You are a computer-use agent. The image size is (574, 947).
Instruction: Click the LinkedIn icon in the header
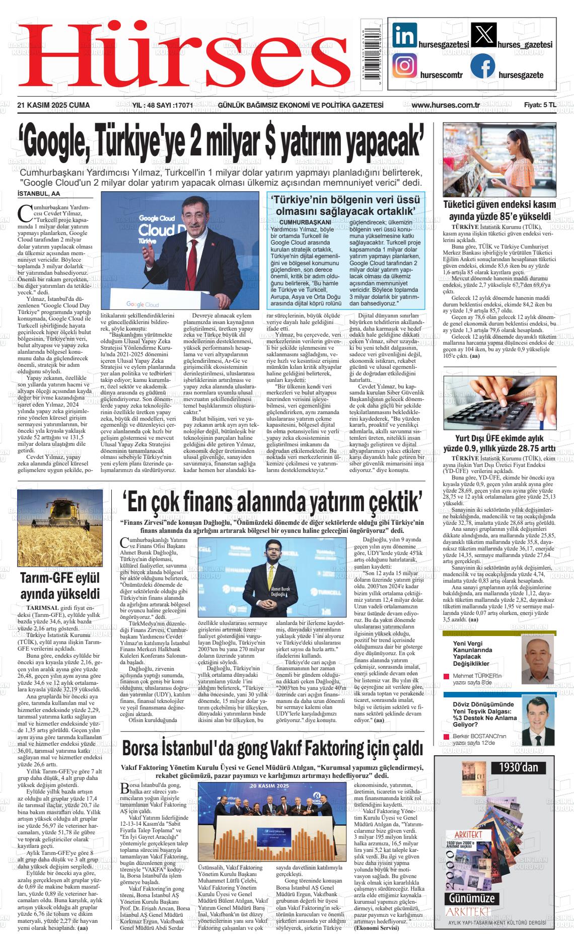pos(404,36)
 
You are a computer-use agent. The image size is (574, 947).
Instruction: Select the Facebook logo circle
pos(482,66)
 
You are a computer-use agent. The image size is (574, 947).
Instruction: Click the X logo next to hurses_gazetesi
pos(482,36)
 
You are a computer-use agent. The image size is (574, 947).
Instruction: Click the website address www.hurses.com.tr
pos(445,105)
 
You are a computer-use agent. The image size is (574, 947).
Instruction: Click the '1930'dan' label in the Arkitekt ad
pos(518,767)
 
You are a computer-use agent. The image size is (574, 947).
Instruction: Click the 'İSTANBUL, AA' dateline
pos(38,194)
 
